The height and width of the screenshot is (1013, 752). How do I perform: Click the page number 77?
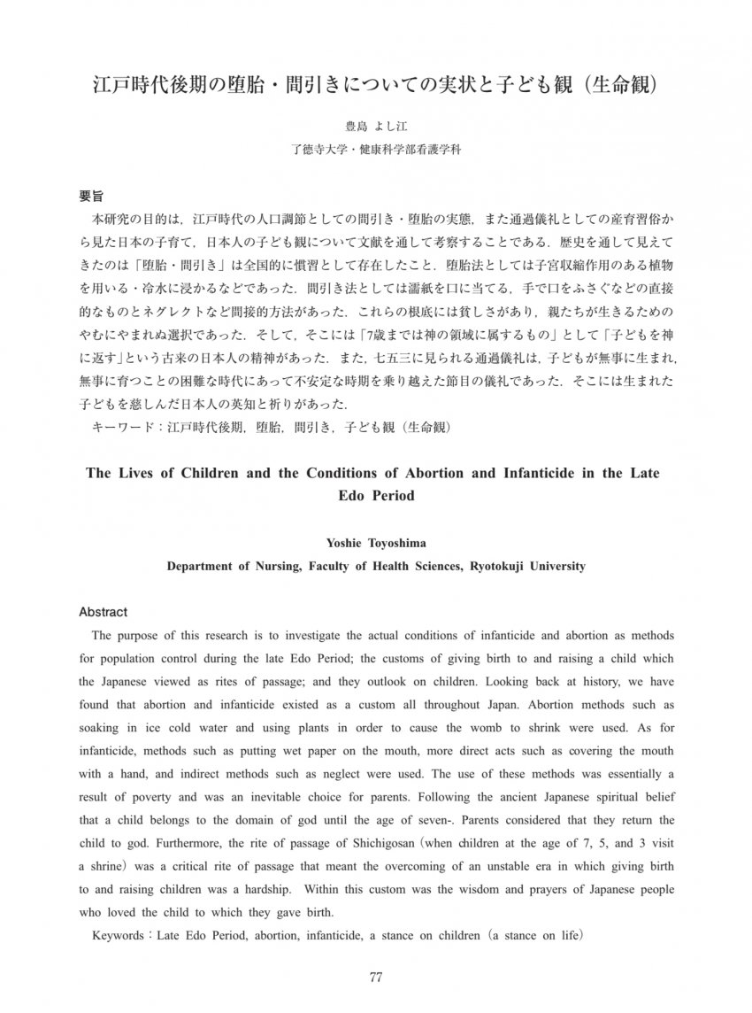(375, 978)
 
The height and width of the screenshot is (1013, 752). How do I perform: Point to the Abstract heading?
(104, 612)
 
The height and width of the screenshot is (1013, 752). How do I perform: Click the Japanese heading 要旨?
(91, 195)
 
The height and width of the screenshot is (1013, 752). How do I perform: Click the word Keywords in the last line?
(120, 935)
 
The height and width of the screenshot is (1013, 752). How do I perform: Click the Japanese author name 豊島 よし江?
(375, 128)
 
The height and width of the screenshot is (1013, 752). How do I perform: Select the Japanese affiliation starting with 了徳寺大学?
(375, 150)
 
